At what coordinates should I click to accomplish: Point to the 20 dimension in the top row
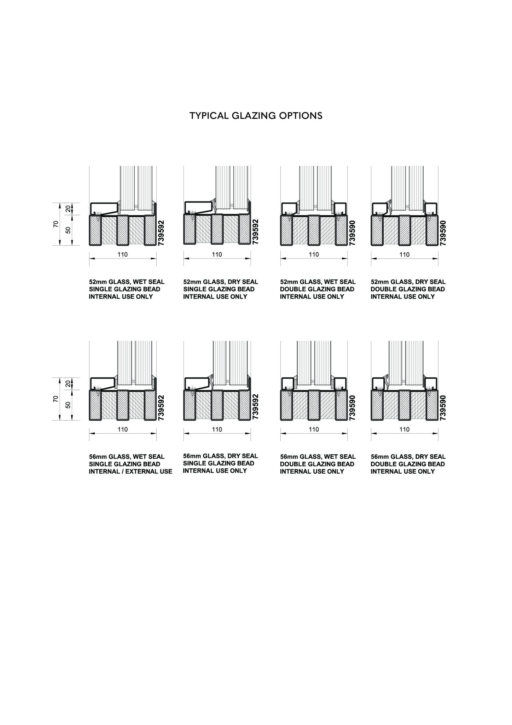(x=68, y=209)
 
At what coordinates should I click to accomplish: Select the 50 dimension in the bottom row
(x=68, y=405)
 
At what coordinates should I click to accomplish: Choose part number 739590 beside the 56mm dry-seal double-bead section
(x=443, y=408)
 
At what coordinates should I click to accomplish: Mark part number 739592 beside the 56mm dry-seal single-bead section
(x=256, y=407)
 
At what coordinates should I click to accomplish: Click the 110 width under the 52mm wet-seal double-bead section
(x=314, y=254)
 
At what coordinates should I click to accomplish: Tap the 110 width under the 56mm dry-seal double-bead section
(x=404, y=429)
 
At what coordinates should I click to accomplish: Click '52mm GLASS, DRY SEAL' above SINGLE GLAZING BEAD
(x=221, y=282)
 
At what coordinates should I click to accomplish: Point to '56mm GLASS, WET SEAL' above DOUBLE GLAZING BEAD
(x=318, y=457)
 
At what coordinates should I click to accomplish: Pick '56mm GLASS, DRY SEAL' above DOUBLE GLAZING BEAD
(x=408, y=457)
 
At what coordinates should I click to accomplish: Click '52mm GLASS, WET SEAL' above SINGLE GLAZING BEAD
(x=127, y=282)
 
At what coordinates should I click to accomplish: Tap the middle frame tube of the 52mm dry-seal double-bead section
(x=404, y=230)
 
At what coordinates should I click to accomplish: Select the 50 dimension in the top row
(x=68, y=230)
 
